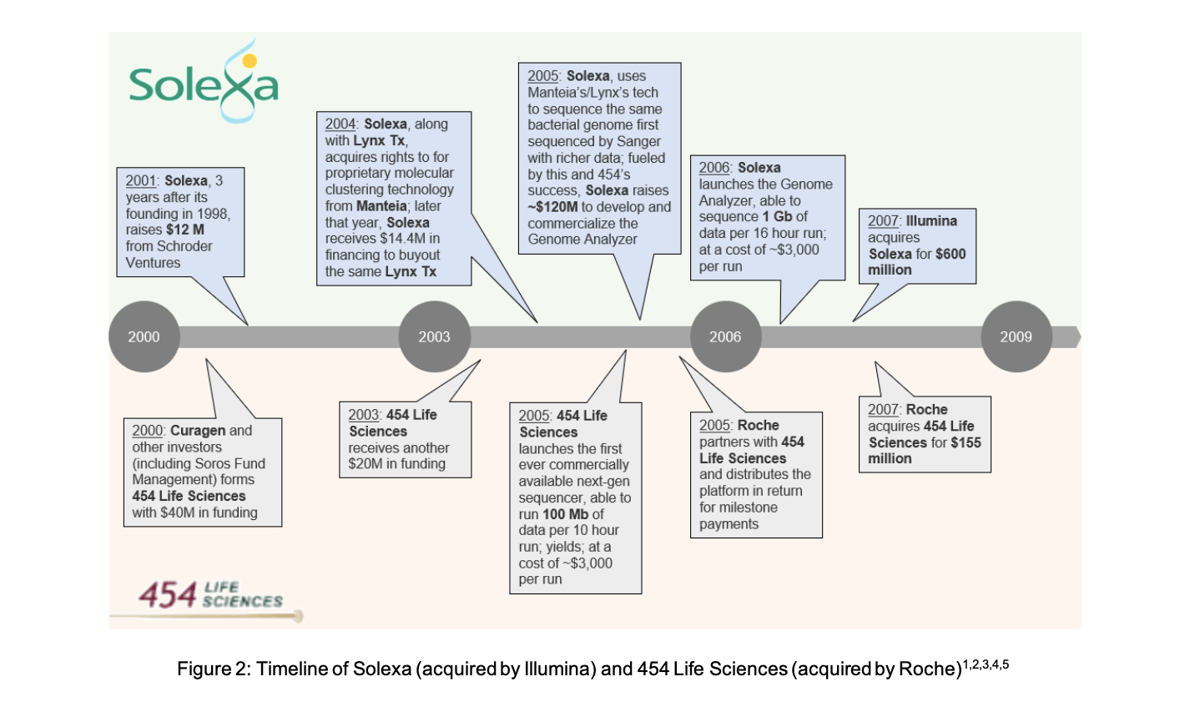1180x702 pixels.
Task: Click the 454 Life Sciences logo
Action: point(210,595)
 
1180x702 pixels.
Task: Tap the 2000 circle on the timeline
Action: point(144,336)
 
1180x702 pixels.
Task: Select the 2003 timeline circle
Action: point(434,336)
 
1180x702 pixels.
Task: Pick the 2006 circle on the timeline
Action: point(725,336)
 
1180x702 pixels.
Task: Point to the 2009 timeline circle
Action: point(1016,336)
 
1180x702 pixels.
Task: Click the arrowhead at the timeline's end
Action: point(1076,336)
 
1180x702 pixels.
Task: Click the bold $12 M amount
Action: point(185,230)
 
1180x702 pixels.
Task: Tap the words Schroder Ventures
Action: point(169,255)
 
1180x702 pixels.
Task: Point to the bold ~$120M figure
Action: point(553,207)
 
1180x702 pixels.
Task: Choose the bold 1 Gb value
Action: point(777,217)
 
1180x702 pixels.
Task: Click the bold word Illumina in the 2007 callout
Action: point(931,221)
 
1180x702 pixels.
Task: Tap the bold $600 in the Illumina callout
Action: point(950,254)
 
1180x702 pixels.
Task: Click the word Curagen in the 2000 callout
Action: point(198,431)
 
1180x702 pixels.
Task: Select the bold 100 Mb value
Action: point(566,514)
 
